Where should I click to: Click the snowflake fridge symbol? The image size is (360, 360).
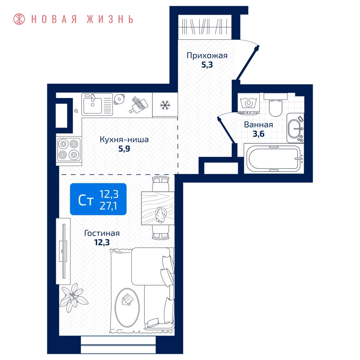tap(165, 105)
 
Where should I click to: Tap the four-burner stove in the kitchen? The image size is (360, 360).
tap(69, 149)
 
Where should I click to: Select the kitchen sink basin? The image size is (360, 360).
tap(93, 105)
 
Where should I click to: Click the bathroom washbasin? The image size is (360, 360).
tap(295, 128)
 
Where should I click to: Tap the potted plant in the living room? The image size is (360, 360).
tap(73, 298)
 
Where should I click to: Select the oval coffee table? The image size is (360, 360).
tap(127, 307)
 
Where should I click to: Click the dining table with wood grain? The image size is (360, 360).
tap(158, 208)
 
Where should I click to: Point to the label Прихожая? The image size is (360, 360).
tap(207, 55)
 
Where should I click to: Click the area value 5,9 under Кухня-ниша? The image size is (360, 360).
tap(124, 149)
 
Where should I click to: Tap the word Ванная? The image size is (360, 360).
tap(258, 125)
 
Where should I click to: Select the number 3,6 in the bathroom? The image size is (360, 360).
tap(258, 134)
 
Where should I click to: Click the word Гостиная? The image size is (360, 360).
tap(102, 233)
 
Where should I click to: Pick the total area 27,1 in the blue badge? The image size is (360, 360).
tap(108, 206)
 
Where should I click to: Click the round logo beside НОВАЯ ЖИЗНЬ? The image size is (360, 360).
tap(19, 19)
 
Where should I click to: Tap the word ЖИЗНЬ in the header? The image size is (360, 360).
tap(110, 19)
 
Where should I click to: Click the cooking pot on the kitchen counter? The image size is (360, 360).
tap(119, 99)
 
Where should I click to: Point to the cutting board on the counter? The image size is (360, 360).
tap(140, 105)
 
